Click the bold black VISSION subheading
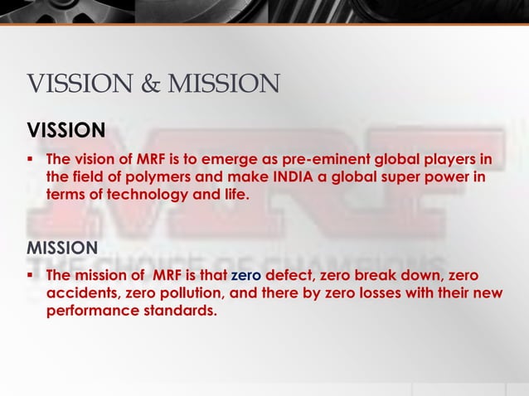(x=66, y=130)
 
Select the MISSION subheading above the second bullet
(x=63, y=248)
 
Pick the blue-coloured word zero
(x=246, y=275)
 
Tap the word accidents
(x=81, y=292)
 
